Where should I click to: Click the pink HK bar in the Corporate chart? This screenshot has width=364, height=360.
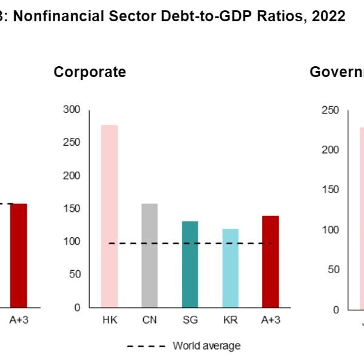point(109,216)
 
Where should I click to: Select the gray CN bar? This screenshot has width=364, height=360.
point(149,255)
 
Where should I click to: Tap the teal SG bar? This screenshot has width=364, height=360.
point(190,264)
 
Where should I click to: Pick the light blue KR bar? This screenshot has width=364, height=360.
point(230,268)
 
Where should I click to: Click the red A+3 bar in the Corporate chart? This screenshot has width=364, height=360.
point(270,261)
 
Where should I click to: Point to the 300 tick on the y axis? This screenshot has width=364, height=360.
point(72,110)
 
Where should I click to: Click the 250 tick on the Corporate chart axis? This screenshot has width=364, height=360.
point(72,143)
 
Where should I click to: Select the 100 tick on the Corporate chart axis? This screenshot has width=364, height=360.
point(72,242)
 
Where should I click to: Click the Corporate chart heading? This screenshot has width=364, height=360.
point(90,72)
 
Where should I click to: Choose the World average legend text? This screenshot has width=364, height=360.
point(206,346)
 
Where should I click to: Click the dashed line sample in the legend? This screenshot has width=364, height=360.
point(146,347)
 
